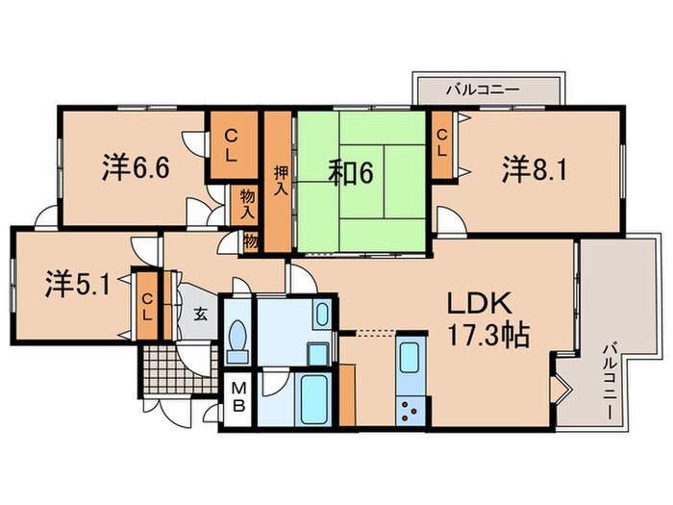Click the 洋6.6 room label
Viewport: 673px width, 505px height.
click(x=136, y=169)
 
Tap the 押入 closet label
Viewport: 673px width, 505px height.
click(x=279, y=181)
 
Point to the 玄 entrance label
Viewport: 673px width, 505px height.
click(x=199, y=314)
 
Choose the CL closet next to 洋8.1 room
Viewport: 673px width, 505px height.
click(x=443, y=144)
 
